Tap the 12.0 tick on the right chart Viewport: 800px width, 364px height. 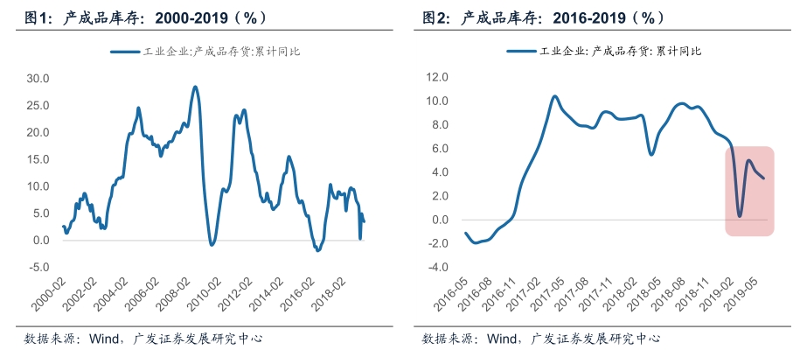pos(436,78)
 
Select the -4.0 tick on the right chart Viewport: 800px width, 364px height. pos(436,267)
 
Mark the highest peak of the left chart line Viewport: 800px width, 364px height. pos(195,87)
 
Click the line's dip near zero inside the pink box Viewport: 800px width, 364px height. pos(740,215)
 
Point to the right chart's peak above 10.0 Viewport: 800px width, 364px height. pos(554,96)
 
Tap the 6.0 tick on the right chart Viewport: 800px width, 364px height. pos(439,149)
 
